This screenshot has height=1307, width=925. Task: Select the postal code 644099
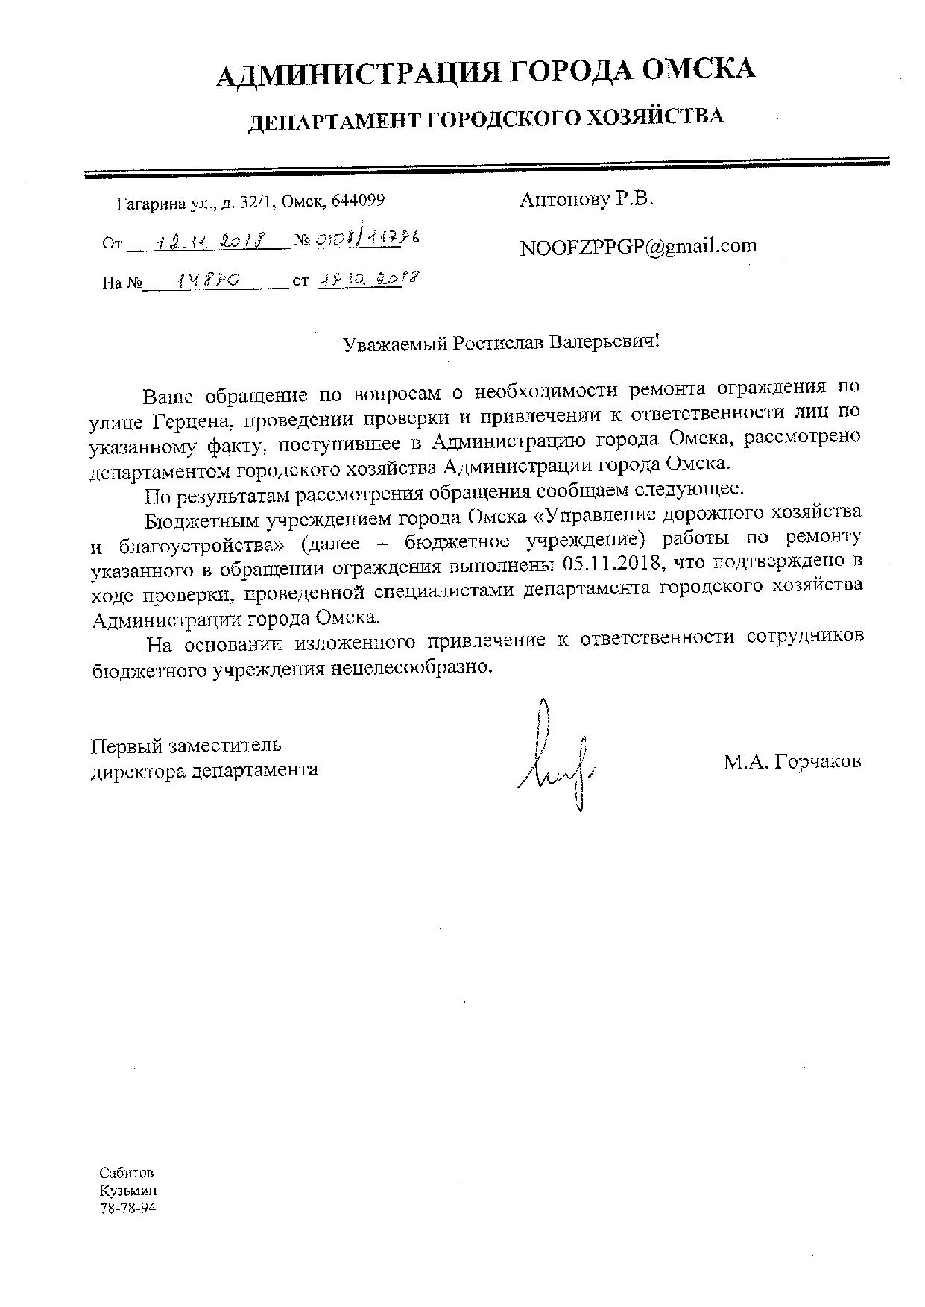pos(358,201)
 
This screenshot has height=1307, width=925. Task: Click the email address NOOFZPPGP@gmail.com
pos(638,245)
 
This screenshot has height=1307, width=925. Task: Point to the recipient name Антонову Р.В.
pos(586,199)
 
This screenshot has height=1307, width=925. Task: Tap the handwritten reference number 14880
pos(208,280)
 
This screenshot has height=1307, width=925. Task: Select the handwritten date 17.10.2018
pos(365,280)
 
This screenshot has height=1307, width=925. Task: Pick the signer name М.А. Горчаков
pos(791,761)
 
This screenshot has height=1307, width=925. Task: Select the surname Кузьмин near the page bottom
pos(127,1191)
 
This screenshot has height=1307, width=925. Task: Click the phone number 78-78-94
pos(127,1208)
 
